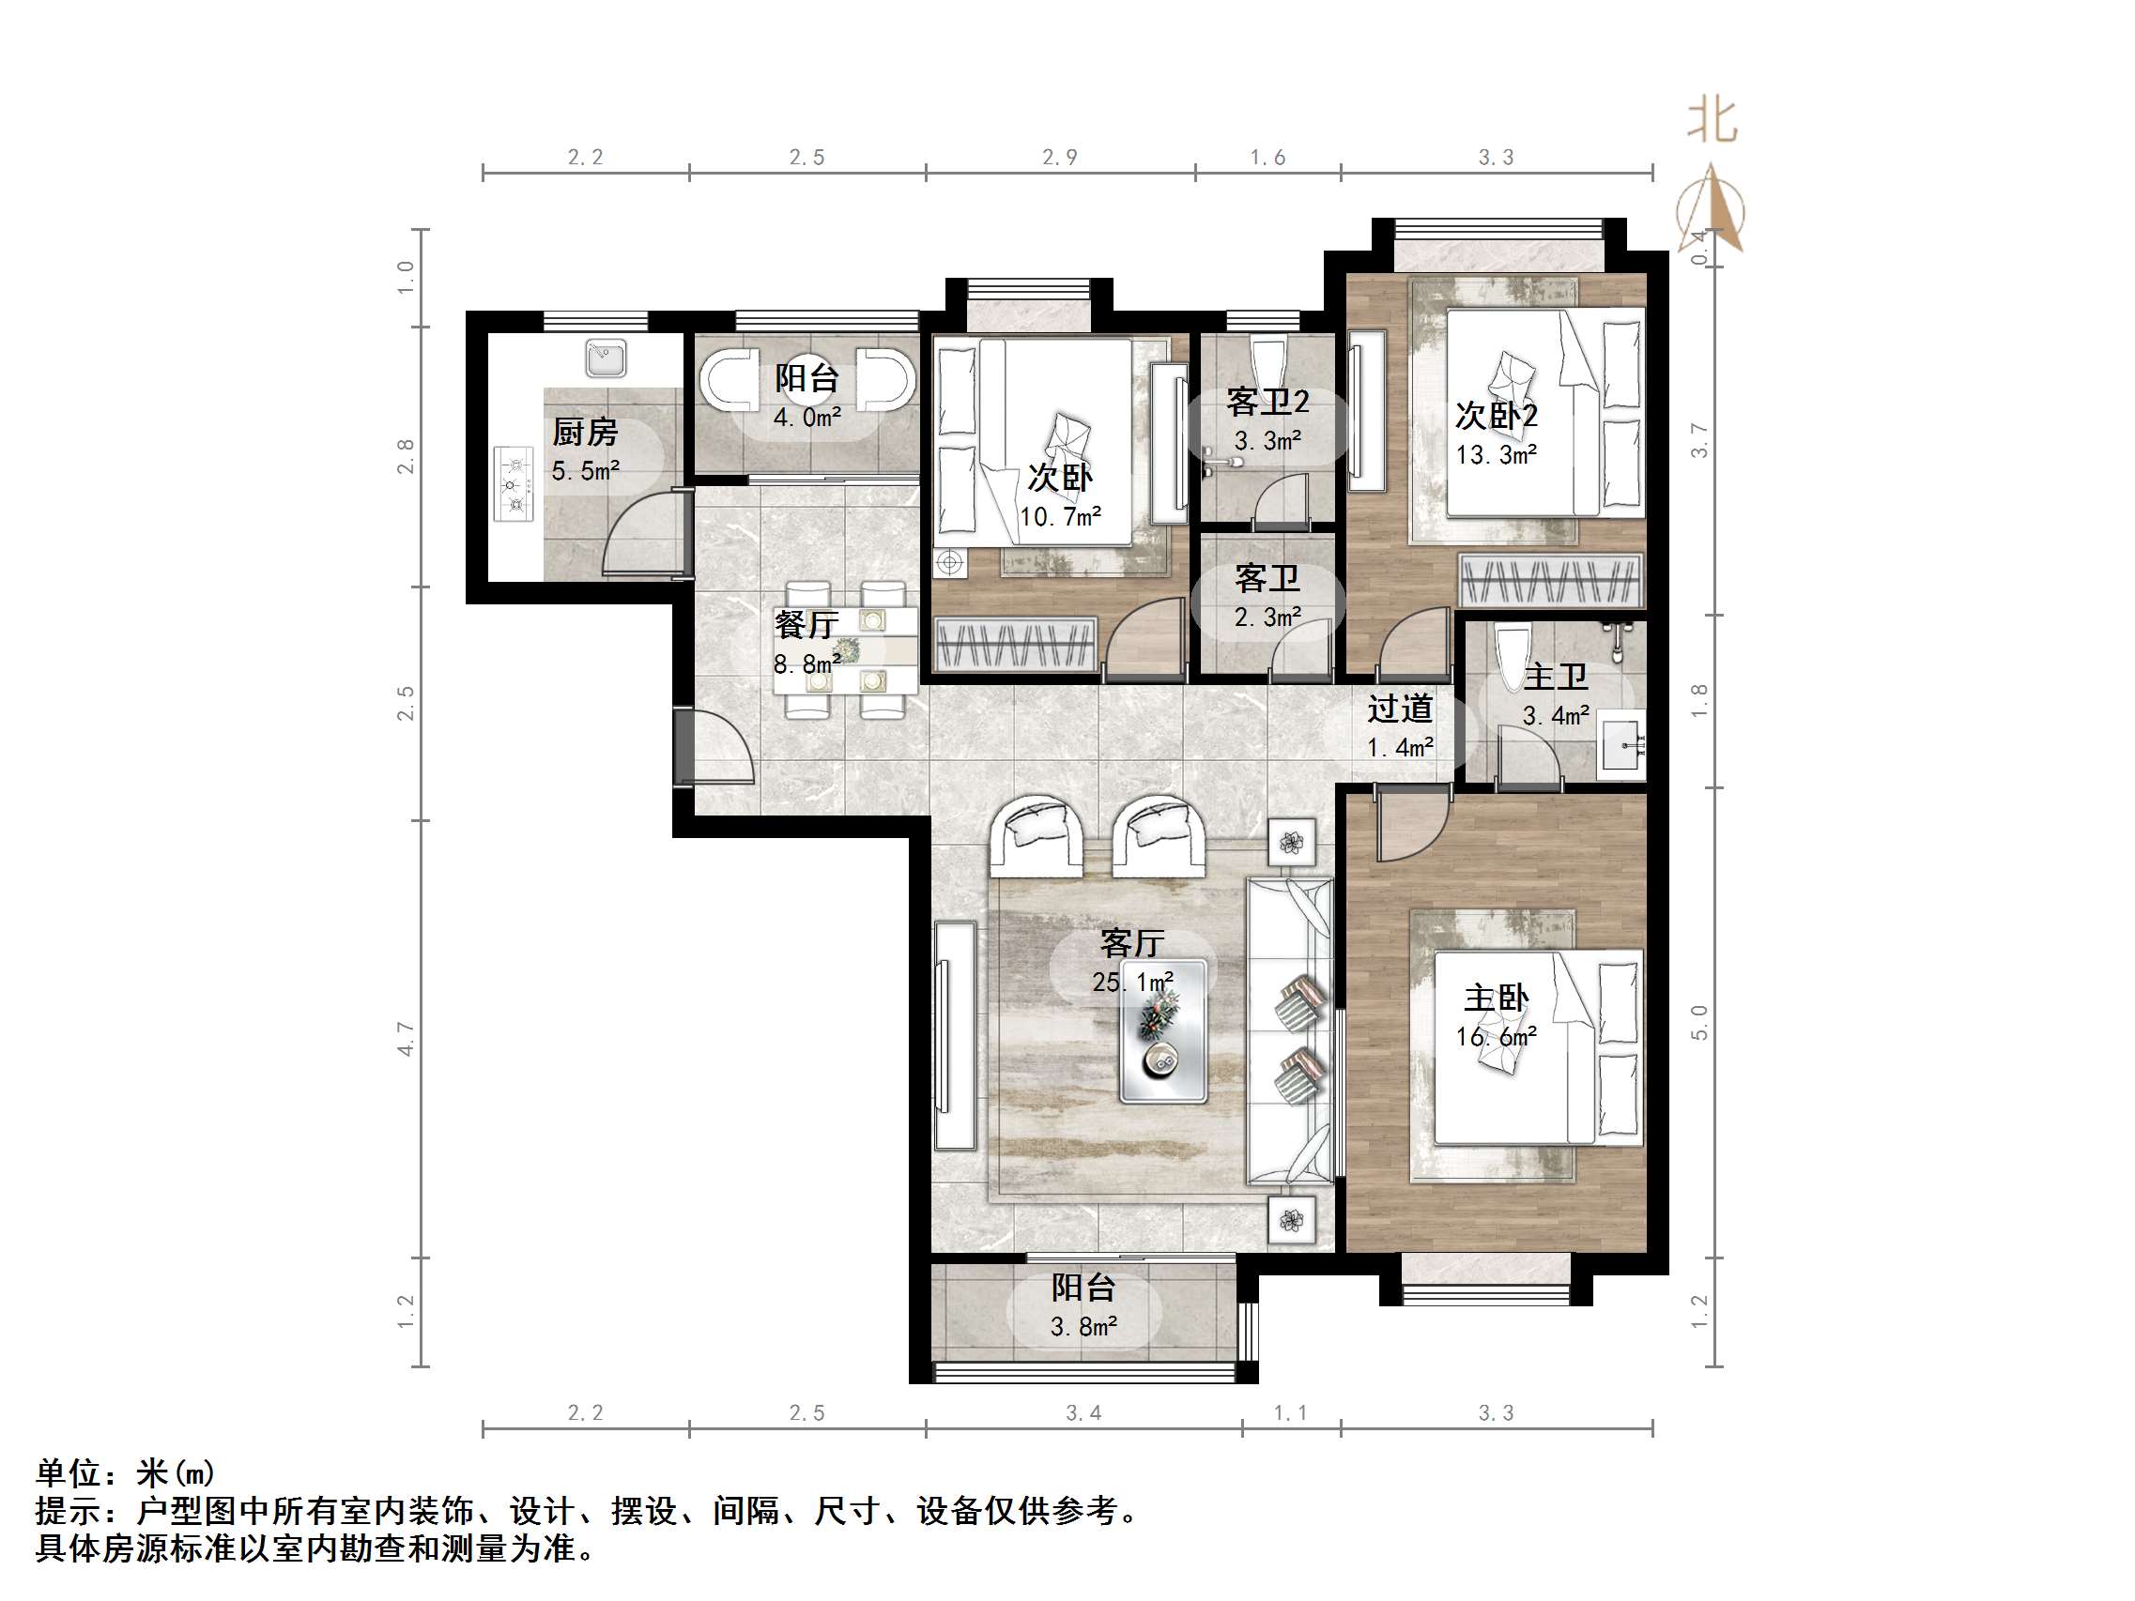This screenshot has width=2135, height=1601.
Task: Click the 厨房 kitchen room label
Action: point(585,433)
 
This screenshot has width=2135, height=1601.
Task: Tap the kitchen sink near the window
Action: point(606,358)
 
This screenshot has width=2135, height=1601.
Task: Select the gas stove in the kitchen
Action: point(514,483)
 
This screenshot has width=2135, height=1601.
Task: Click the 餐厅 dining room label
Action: point(806,624)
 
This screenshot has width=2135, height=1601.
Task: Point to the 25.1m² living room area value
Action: point(1132,983)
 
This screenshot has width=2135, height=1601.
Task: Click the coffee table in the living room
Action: point(1162,1030)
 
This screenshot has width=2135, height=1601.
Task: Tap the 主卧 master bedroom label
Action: point(1495,998)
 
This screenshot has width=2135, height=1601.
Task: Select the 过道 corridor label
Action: point(1400,709)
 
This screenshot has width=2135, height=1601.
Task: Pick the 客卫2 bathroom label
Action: point(1267,402)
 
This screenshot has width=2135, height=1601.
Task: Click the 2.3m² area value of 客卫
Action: point(1267,617)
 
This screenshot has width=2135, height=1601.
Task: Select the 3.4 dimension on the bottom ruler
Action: point(1083,1412)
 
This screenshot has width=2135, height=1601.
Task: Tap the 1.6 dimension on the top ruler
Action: point(1267,158)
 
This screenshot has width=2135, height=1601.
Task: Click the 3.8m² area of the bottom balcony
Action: point(1083,1327)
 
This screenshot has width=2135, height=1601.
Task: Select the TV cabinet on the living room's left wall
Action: point(955,1035)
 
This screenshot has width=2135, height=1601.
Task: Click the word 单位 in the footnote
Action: point(68,1473)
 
